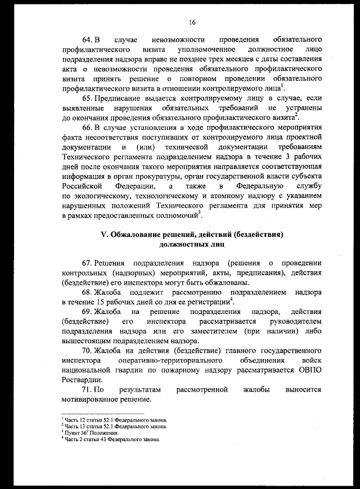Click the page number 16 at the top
(x=192, y=23)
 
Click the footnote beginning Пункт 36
(x=89, y=433)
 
